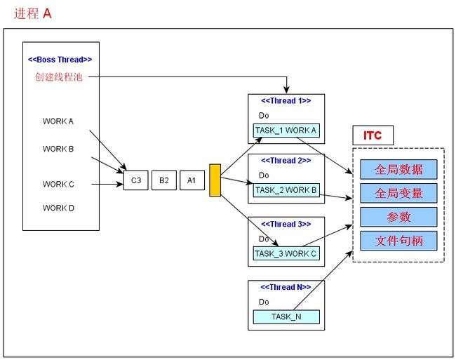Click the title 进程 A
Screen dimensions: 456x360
tap(32, 13)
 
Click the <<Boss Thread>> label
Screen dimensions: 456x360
tap(60, 60)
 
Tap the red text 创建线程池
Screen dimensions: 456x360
tap(59, 76)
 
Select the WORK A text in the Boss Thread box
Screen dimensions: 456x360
tap(58, 121)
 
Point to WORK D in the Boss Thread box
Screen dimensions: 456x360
tap(58, 208)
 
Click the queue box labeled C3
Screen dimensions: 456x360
tap(136, 180)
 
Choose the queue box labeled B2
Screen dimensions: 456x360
tap(164, 180)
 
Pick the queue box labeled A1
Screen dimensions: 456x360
tap(192, 180)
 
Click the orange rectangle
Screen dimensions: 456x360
tap(215, 180)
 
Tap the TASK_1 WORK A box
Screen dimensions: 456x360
tap(286, 131)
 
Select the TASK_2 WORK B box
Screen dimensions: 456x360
tap(286, 190)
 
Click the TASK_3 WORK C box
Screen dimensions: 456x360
tap(286, 253)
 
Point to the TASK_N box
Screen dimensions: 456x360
tap(286, 317)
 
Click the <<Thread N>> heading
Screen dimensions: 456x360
tap(286, 287)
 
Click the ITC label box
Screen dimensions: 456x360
tap(373, 135)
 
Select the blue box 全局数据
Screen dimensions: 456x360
tap(398, 169)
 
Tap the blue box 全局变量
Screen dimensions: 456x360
tap(398, 193)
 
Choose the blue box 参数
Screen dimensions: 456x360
tap(398, 217)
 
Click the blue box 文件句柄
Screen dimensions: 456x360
tap(398, 241)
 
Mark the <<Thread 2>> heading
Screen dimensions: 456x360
tap(286, 161)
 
